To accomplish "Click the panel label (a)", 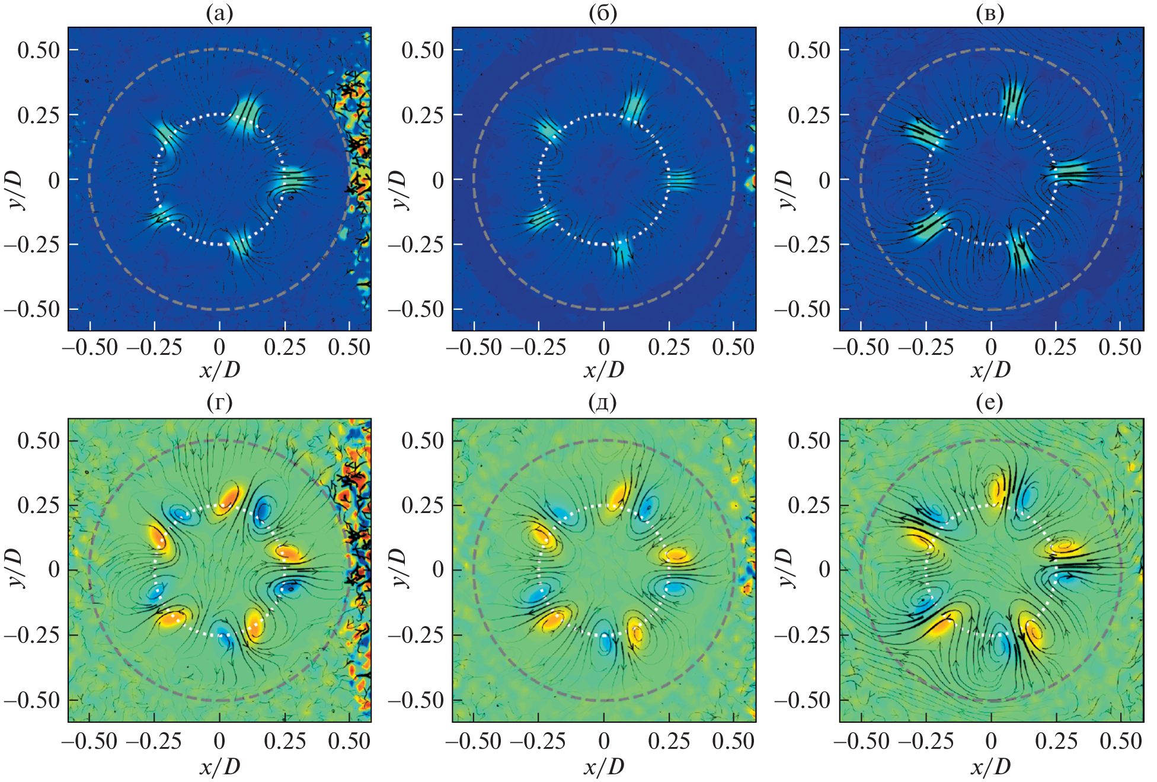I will tap(219, 13).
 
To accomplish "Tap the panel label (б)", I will tap(603, 13).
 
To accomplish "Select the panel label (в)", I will tap(990, 13).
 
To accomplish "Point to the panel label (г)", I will tap(219, 403).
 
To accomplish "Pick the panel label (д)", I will tap(603, 403).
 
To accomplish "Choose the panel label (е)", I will tap(990, 403).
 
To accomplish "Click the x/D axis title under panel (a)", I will tap(220, 370).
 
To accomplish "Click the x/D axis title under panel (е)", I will tap(990, 767).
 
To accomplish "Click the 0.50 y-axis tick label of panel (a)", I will tap(39, 50).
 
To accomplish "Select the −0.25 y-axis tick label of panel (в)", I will tap(802, 244).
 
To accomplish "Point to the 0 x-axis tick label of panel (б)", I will tap(603, 348).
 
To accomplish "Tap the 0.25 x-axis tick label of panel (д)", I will tap(669, 741).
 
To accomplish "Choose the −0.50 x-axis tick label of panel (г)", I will tap(90, 741).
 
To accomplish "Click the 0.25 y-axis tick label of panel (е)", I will tap(809, 505).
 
